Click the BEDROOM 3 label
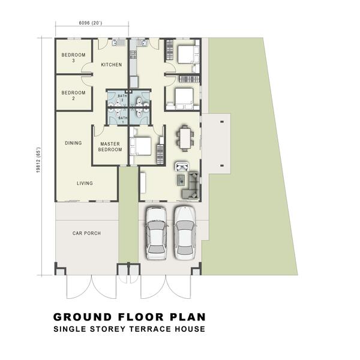click(73, 58)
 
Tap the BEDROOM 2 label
click(73, 95)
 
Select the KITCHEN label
click(112, 65)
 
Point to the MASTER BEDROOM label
click(110, 147)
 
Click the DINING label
click(73, 143)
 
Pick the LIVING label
click(85, 183)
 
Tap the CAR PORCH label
click(86, 233)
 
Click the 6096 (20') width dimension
click(91, 23)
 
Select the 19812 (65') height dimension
click(38, 160)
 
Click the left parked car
click(157, 233)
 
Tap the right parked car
click(185, 233)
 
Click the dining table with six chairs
click(185, 139)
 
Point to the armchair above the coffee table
click(182, 166)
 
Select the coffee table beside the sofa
click(182, 180)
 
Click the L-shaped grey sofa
click(191, 185)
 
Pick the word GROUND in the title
click(82, 317)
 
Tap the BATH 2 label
click(122, 98)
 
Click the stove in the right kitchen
click(133, 55)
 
